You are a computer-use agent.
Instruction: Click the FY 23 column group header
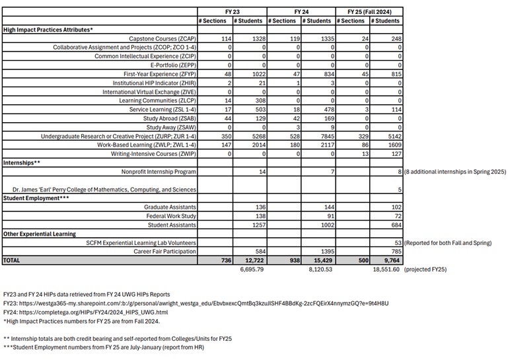pyautogui.click(x=233, y=11)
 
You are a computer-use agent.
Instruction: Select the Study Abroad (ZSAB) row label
pyautogui.click(x=169, y=118)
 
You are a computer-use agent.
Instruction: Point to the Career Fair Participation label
pyautogui.click(x=165, y=252)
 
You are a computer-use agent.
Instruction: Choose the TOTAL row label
pyautogui.click(x=12, y=261)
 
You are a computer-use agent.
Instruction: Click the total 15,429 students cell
pyautogui.click(x=320, y=261)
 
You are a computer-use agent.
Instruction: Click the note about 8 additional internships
pyautogui.click(x=455, y=172)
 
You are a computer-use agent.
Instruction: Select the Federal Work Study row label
pyautogui.click(x=170, y=216)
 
